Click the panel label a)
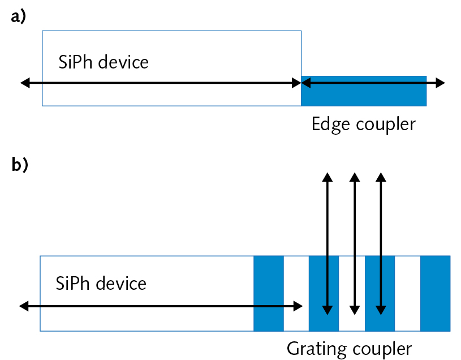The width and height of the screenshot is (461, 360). pos(19,18)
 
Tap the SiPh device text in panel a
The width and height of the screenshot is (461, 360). pos(104,61)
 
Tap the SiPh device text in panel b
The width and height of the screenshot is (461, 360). pos(101,282)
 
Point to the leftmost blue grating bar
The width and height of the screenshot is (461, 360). pos(268,293)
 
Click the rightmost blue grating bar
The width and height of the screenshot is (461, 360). pos(435,293)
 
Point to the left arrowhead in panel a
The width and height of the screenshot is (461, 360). pos(24,83)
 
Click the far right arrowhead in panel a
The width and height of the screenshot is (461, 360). pos(441,83)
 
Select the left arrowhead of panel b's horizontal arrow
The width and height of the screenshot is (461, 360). pos(24,306)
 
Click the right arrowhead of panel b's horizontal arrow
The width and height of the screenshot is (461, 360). pos(298,306)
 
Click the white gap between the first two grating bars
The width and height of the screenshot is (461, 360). pos(296,293)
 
